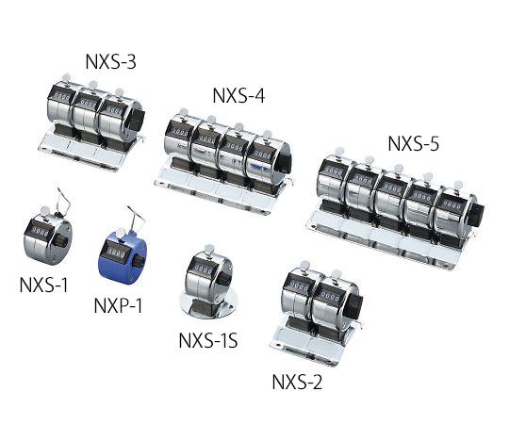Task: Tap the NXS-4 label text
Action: pyautogui.click(x=240, y=95)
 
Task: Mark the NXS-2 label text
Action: pyautogui.click(x=298, y=382)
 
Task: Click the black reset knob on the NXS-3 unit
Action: pyautogui.click(x=138, y=120)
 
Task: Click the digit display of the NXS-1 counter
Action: pyautogui.click(x=40, y=229)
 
